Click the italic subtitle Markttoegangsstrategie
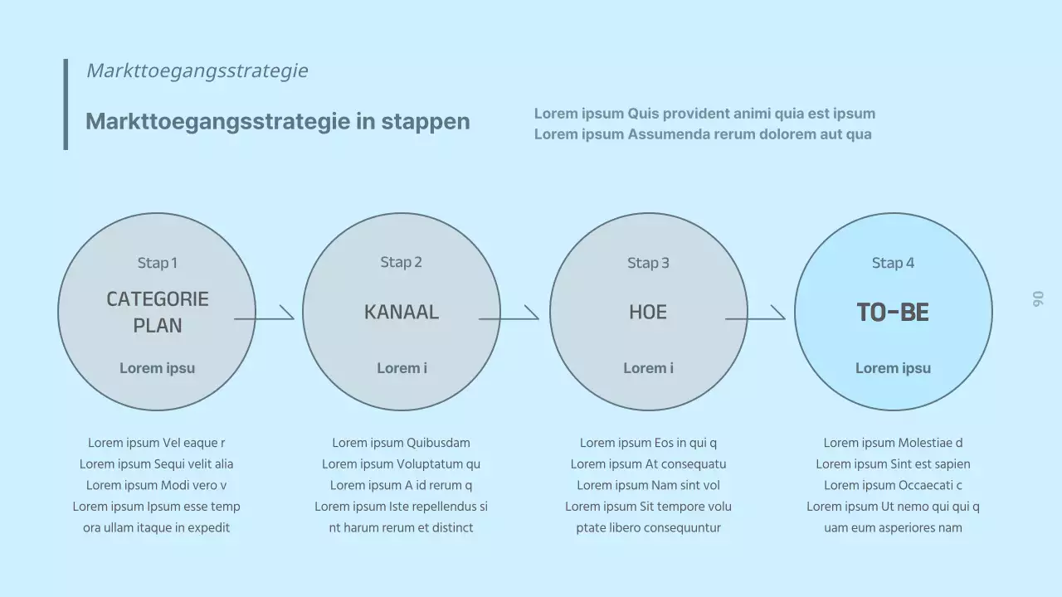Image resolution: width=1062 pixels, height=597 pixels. point(197,70)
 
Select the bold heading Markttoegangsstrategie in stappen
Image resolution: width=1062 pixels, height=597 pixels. point(277,121)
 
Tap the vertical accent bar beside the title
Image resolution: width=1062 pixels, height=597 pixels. point(66,104)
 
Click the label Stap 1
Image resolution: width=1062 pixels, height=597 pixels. point(157,263)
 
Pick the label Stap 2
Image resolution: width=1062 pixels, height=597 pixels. point(401,262)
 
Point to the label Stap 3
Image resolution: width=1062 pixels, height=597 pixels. point(648,263)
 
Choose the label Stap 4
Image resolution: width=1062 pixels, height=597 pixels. point(893,263)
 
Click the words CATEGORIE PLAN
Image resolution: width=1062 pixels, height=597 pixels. point(157,312)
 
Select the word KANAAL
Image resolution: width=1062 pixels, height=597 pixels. point(401,313)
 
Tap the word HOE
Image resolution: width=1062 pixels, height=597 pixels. point(648,313)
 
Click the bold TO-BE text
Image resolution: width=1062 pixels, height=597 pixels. point(893,313)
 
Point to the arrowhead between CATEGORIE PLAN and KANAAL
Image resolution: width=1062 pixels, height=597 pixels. point(287,313)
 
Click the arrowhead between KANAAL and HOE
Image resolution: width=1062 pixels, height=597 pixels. point(532,313)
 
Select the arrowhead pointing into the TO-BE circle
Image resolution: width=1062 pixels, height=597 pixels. point(778,313)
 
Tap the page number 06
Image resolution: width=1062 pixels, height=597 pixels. point(1038,299)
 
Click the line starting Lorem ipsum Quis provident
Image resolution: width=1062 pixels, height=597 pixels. point(704,114)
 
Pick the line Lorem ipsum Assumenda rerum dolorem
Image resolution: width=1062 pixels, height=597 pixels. point(703,134)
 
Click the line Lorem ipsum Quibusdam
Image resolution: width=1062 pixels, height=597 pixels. point(401,443)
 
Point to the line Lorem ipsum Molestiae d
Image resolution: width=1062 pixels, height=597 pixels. point(893,443)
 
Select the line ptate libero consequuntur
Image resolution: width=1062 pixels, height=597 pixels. point(648,527)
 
